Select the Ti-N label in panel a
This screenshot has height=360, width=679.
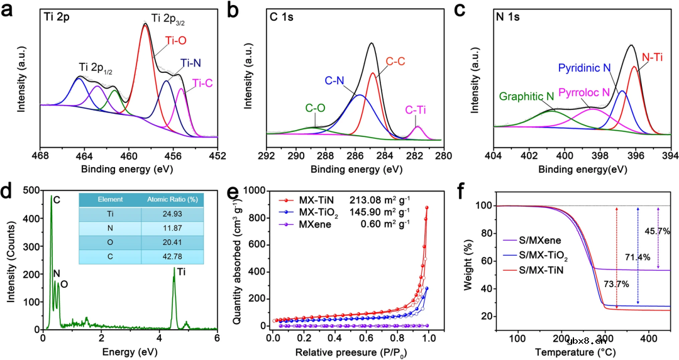click(x=192, y=63)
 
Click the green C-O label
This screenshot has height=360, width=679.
click(x=315, y=108)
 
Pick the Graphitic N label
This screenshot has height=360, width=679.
click(x=526, y=96)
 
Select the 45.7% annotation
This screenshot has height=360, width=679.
click(x=658, y=231)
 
